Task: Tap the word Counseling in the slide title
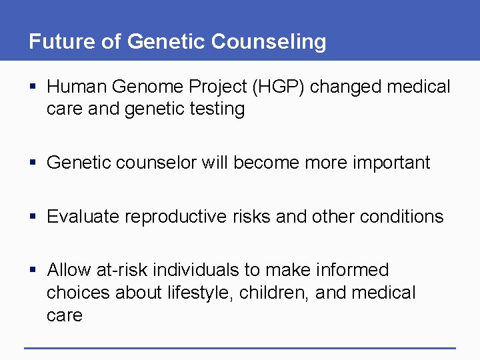[269, 41]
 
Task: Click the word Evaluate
[83, 217]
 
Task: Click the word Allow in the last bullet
[69, 270]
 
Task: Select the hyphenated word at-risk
[122, 270]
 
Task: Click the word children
[277, 293]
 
